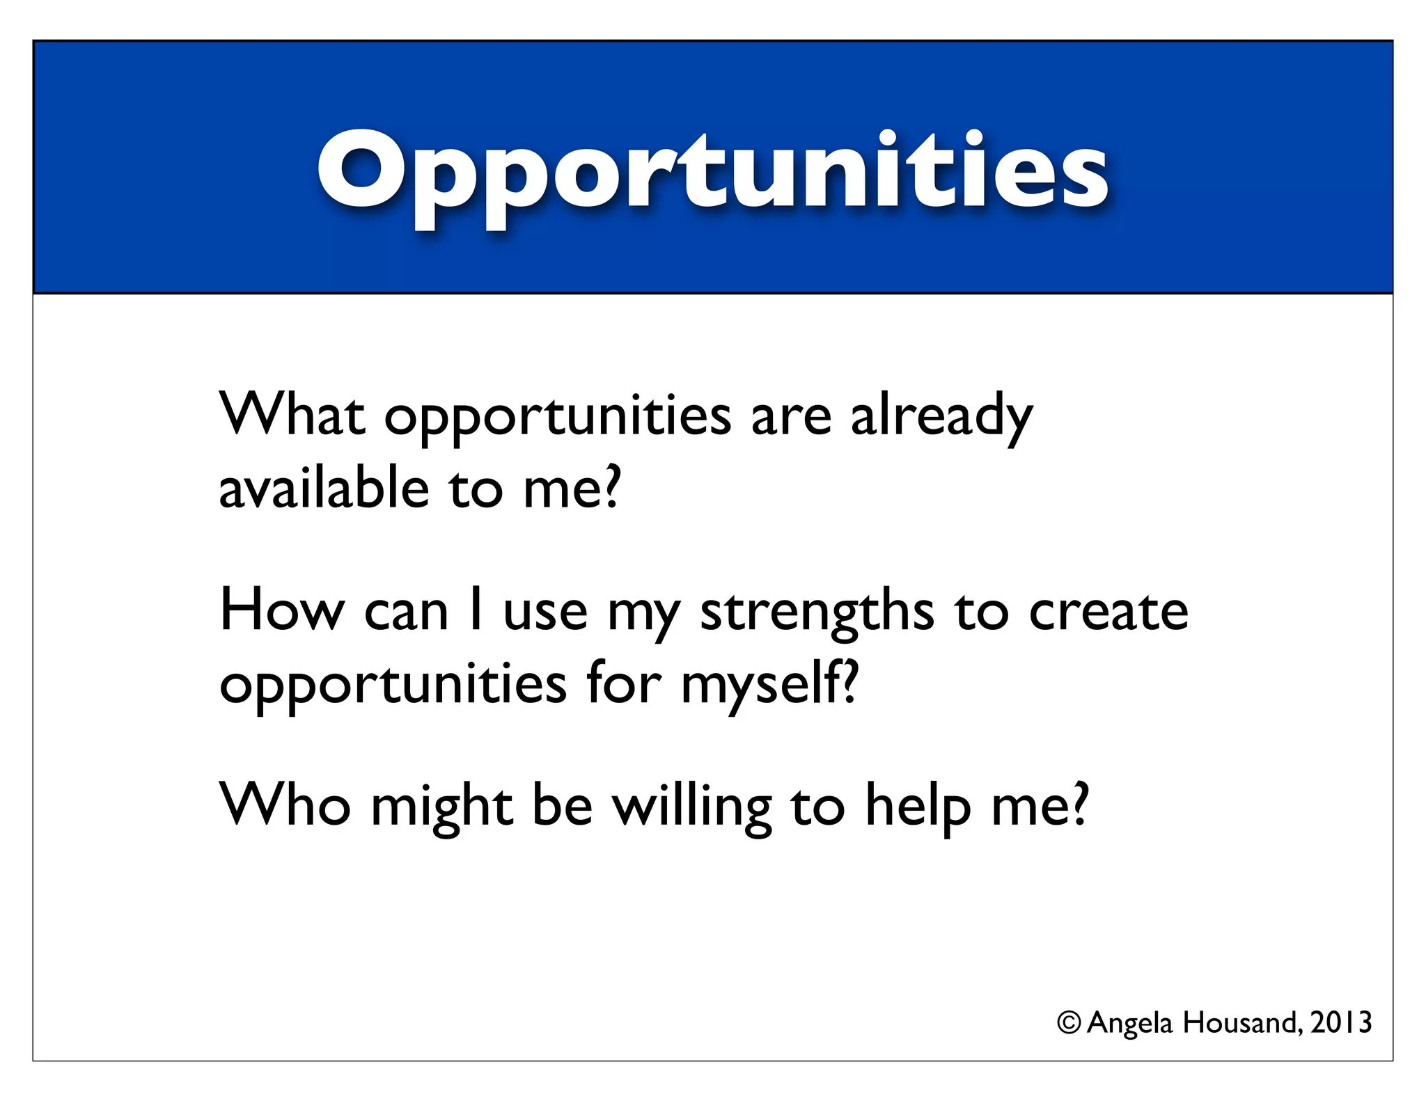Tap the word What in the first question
click(x=292, y=415)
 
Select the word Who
click(x=285, y=805)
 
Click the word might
click(x=442, y=807)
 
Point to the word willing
click(x=692, y=807)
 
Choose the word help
click(x=918, y=807)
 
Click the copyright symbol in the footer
click(x=1069, y=1022)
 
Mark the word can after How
click(x=406, y=612)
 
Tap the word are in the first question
click(x=791, y=416)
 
